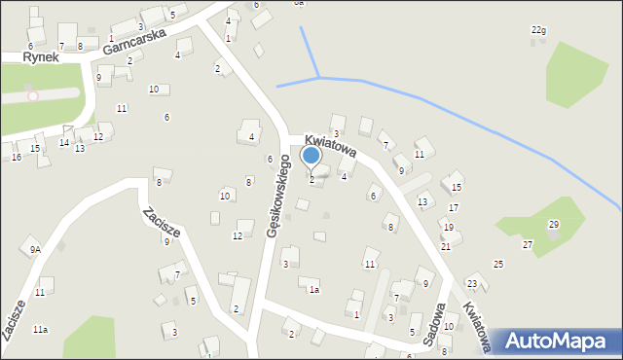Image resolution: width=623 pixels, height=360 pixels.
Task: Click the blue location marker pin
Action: click(311, 156)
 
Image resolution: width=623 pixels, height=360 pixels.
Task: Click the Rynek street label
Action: click(42, 57)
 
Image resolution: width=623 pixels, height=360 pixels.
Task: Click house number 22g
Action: click(538, 30)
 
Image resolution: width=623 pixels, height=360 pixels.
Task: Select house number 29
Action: click(553, 225)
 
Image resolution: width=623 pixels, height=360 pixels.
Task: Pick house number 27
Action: click(527, 244)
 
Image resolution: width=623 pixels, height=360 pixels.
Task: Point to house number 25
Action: click(497, 265)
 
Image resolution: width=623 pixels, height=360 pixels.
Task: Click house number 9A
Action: click(35, 250)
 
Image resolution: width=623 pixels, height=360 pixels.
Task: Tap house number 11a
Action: click(40, 331)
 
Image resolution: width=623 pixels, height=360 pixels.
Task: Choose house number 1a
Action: click(313, 289)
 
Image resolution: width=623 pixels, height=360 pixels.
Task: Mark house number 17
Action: click(453, 208)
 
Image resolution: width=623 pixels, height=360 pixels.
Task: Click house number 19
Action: click(448, 227)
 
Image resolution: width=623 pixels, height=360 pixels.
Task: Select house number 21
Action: click(445, 246)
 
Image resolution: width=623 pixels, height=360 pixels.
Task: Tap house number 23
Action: click(471, 283)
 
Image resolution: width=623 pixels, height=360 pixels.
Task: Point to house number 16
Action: click(16, 157)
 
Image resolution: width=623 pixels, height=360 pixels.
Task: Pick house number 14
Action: click(63, 143)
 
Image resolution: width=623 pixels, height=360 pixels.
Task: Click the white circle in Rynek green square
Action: click(33, 95)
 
